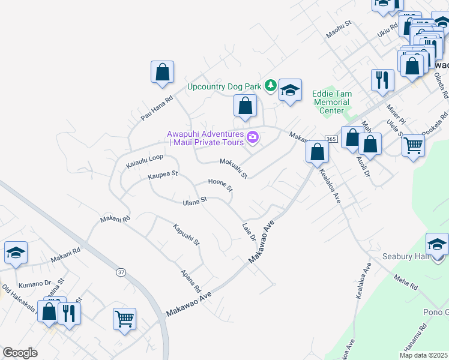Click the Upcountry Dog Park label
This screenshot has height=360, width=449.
224,86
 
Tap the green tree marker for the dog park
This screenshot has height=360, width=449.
271,86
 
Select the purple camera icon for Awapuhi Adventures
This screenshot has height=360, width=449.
253,138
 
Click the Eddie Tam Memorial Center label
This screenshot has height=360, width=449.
332,102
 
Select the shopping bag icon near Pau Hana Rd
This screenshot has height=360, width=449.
162,73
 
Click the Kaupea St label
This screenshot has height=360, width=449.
163,176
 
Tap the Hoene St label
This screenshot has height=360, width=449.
220,184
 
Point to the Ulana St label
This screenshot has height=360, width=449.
194,200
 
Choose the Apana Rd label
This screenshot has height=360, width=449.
191,280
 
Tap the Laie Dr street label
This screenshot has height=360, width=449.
249,233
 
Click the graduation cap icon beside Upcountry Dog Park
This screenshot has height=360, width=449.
290,91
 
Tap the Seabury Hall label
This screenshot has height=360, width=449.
404,256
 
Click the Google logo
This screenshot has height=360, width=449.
20,353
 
